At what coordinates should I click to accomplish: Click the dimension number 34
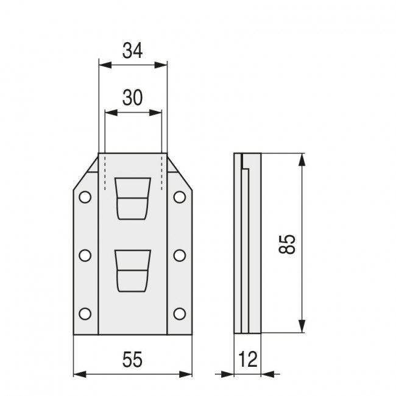pyautogui.click(x=132, y=51)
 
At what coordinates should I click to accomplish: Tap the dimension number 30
pyautogui.click(x=132, y=97)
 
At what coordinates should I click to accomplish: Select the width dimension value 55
pyautogui.click(x=132, y=359)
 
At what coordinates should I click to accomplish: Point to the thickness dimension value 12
pyautogui.click(x=247, y=359)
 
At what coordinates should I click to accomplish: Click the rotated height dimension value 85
pyautogui.click(x=287, y=244)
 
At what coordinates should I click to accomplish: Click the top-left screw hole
pyautogui.click(x=85, y=197)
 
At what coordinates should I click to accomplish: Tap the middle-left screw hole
pyautogui.click(x=85, y=256)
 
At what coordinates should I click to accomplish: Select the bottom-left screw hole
pyautogui.click(x=85, y=314)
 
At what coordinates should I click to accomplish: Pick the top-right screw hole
pyautogui.click(x=180, y=197)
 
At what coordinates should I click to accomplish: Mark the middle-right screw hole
pyautogui.click(x=180, y=256)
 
